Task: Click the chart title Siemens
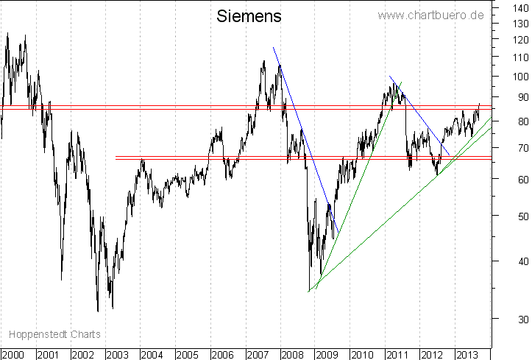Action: point(249,16)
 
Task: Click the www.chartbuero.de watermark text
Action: point(430,15)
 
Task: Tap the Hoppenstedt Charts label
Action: point(51,333)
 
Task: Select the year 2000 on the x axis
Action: point(14,354)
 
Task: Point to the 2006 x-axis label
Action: point(223,354)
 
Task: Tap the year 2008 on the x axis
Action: point(292,354)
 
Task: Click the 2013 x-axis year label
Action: point(465,354)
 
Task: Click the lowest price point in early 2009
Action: point(309,291)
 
